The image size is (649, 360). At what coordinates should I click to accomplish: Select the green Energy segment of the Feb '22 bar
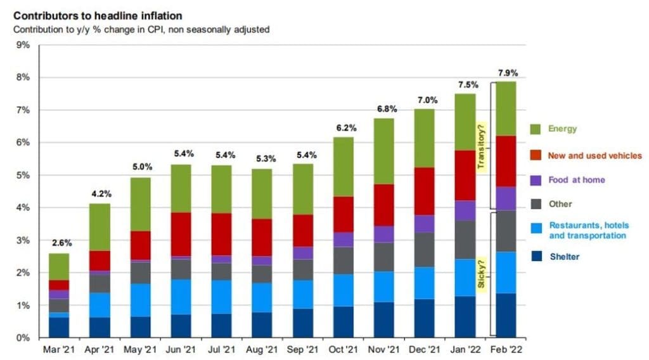coord(505,108)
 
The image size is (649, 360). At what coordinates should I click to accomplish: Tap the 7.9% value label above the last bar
coord(506,73)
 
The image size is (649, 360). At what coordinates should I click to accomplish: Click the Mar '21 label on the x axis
coord(58,349)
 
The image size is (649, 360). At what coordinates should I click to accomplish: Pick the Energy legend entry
coord(563,129)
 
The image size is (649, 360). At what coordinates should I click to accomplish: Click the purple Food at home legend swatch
coord(536,180)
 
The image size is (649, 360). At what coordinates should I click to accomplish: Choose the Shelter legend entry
coord(564,256)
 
